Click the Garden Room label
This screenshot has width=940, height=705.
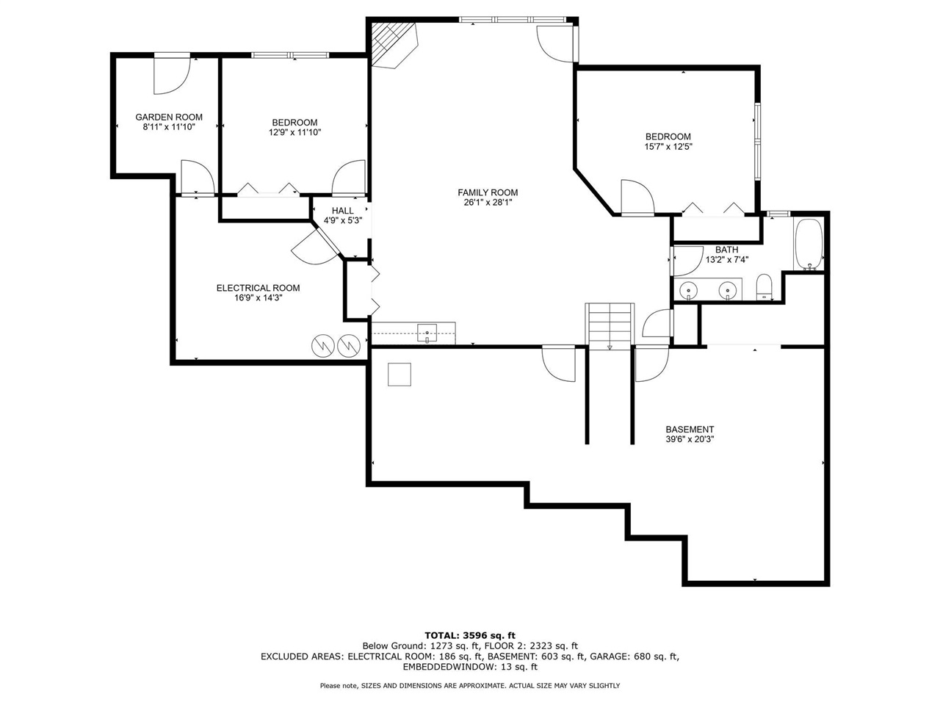[169, 117]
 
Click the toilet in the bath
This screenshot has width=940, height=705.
[764, 287]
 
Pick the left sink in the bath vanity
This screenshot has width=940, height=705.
[689, 291]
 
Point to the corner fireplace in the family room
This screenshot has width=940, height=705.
[392, 45]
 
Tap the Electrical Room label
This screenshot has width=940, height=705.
[258, 288]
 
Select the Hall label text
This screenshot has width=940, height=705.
[342, 211]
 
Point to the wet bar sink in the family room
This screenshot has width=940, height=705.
[427, 334]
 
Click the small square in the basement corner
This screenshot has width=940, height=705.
[400, 375]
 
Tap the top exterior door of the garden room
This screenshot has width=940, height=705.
[171, 76]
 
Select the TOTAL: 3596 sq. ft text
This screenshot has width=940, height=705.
[470, 635]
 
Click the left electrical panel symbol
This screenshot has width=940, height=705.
[323, 344]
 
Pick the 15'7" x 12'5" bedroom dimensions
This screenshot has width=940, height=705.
[668, 146]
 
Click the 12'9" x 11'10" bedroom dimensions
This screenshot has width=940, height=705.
[294, 132]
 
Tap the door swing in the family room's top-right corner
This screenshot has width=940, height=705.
[555, 43]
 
